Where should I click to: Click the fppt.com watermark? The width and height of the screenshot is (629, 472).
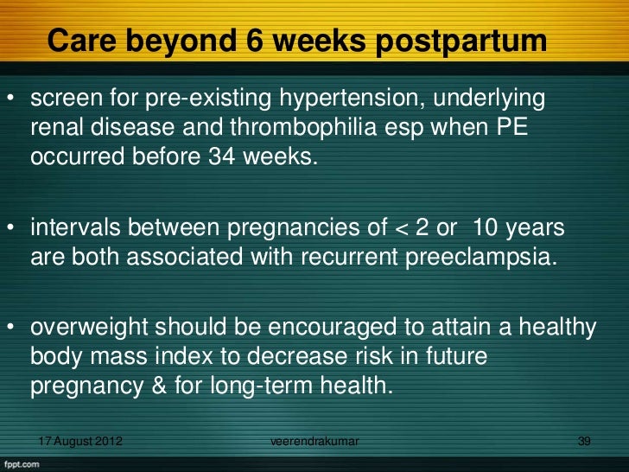(x=23, y=464)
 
